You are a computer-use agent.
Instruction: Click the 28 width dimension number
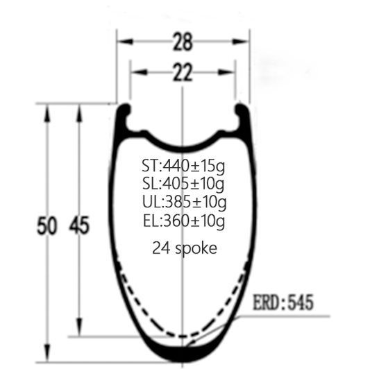[183, 42]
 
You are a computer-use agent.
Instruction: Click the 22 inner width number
[183, 72]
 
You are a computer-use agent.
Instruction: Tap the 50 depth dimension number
[47, 226]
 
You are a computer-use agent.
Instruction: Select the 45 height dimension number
[79, 225]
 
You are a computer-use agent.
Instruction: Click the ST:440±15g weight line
[183, 166]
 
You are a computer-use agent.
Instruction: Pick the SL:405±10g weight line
[183, 184]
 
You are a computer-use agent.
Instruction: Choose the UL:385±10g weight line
[184, 203]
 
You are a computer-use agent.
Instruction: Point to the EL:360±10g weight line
[184, 221]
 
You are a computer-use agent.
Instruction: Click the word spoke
[196, 248]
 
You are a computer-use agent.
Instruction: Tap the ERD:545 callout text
[283, 302]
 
